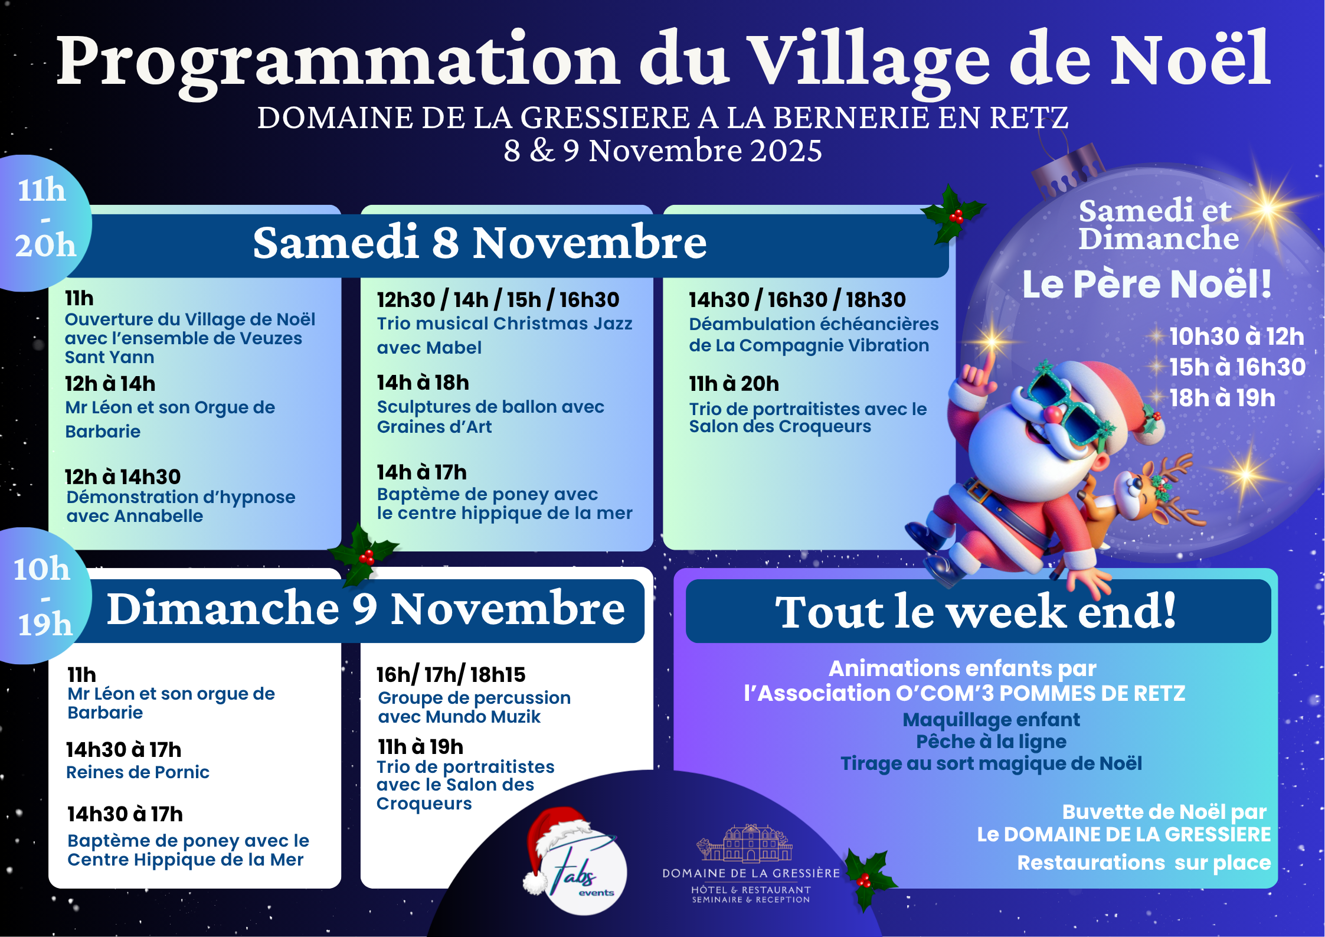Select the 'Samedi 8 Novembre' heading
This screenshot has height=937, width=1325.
[x=480, y=243]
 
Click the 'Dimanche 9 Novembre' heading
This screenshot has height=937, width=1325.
[x=366, y=609]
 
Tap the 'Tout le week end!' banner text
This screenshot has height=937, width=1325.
[x=976, y=612]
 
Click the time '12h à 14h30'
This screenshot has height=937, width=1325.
[x=123, y=476]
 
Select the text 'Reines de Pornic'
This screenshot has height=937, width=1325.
[x=138, y=772]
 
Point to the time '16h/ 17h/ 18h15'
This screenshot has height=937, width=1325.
[x=451, y=674]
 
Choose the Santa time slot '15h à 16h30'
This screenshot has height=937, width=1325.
[x=1237, y=367]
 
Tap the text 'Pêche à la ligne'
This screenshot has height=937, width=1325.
[x=991, y=742]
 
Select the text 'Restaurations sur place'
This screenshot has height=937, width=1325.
[x=1144, y=863]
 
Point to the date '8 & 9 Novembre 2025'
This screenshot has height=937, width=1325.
[x=662, y=151]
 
